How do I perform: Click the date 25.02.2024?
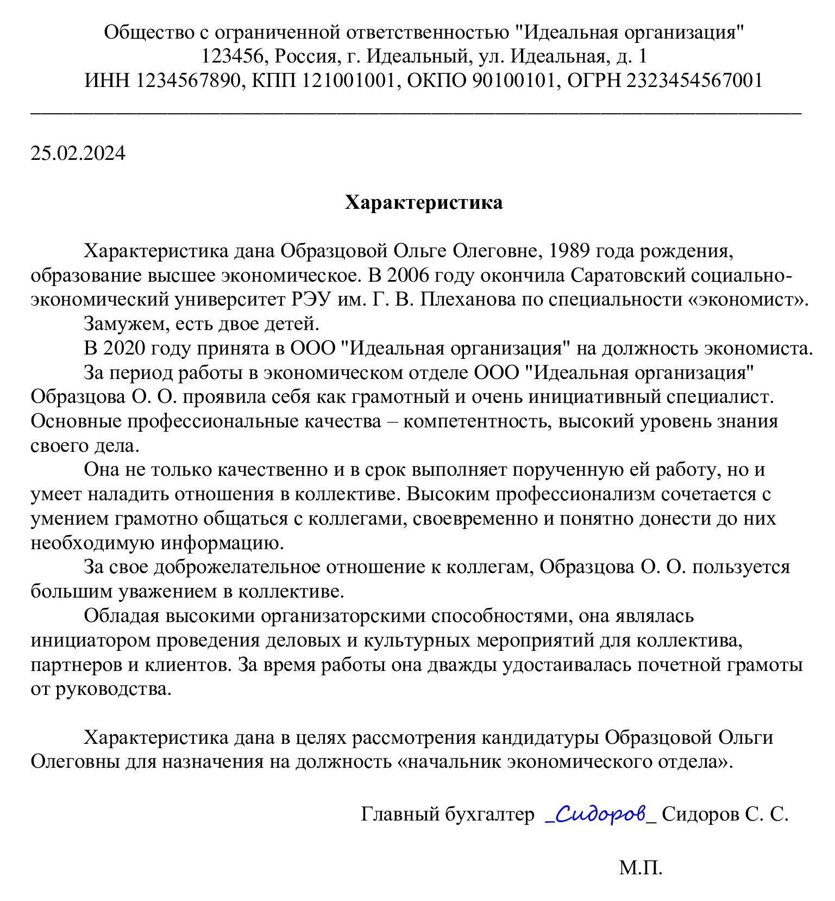point(78,153)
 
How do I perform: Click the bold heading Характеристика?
point(424,203)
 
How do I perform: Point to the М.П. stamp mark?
point(641,867)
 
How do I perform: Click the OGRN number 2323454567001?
point(695,81)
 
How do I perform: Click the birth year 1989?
point(570,252)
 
